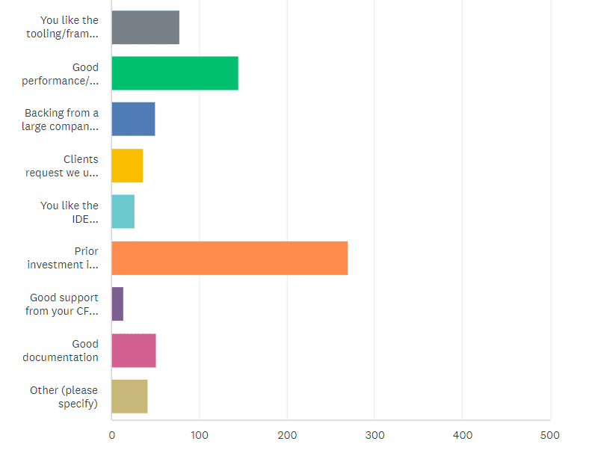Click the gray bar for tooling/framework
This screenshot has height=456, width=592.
point(145,27)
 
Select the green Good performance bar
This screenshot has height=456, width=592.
point(175,73)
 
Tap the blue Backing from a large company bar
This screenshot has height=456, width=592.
point(133,120)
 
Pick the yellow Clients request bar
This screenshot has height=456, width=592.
point(127,166)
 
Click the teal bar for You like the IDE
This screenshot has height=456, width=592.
point(123,212)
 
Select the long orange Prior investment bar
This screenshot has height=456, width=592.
point(229,259)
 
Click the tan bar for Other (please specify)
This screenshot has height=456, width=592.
point(129,397)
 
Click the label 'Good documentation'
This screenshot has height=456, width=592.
point(61,351)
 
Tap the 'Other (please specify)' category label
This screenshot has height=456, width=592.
point(64,397)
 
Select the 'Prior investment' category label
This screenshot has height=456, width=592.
point(63,258)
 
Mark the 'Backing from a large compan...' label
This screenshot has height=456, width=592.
point(61,120)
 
